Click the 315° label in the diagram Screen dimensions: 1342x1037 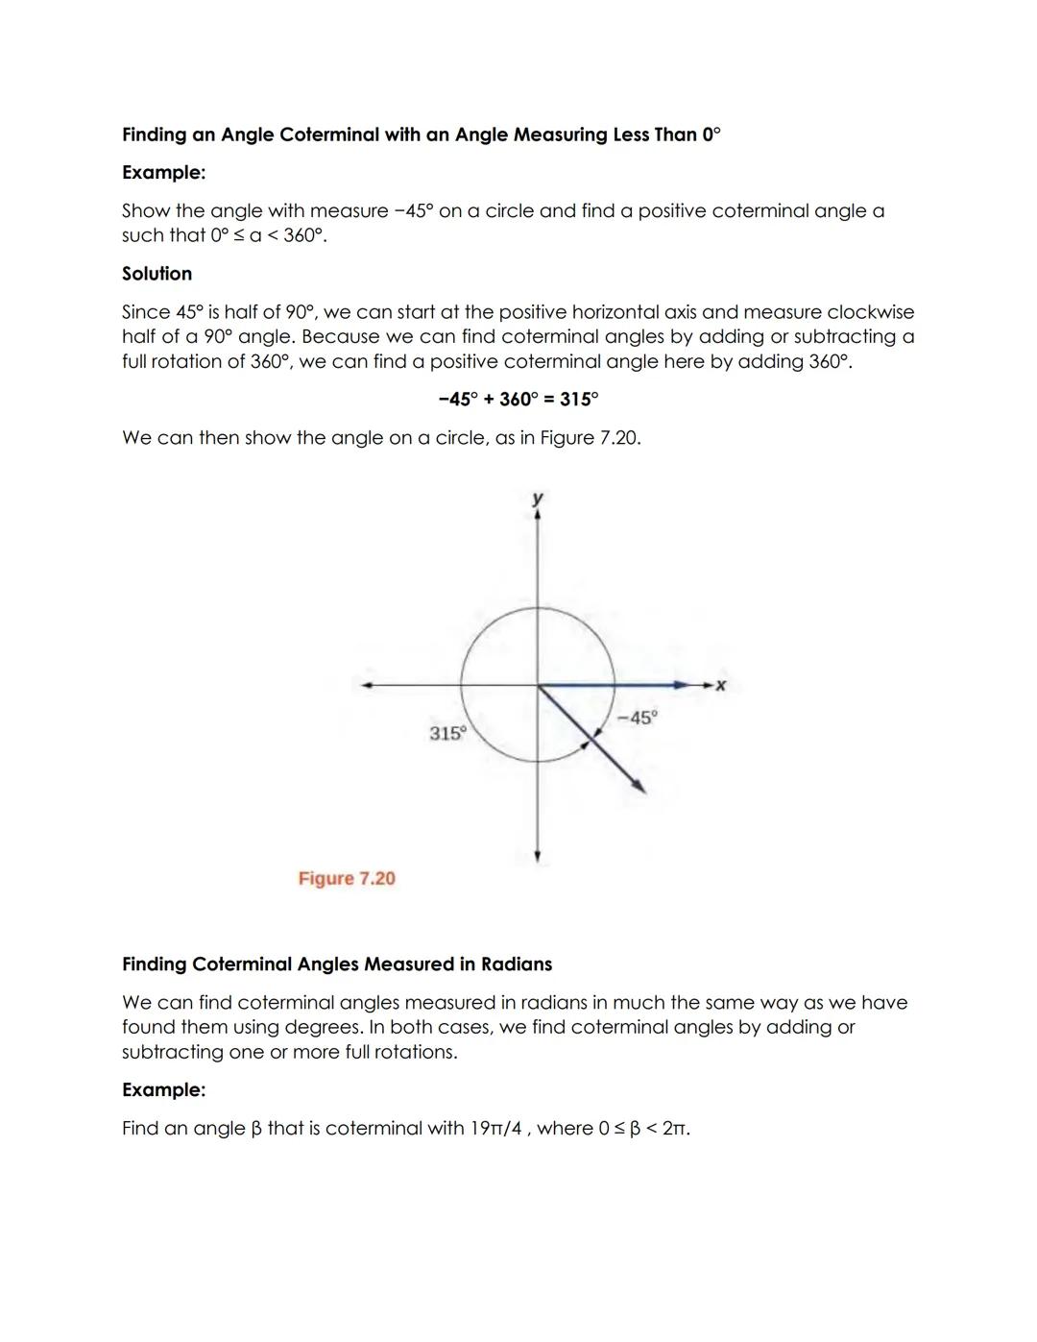pyautogui.click(x=446, y=734)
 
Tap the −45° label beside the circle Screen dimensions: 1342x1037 pyautogui.click(x=638, y=718)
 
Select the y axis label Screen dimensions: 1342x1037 pyautogui.click(x=538, y=498)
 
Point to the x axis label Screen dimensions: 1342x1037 pyautogui.click(x=721, y=685)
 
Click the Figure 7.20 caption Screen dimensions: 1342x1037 pyautogui.click(x=347, y=879)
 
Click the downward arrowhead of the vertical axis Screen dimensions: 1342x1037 pyautogui.click(x=538, y=856)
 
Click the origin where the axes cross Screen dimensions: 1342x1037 pyautogui.click(x=538, y=685)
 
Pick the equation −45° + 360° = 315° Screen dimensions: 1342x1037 pyautogui.click(x=518, y=399)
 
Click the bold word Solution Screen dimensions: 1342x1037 pyautogui.click(x=157, y=274)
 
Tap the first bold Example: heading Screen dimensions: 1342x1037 pyautogui.click(x=163, y=173)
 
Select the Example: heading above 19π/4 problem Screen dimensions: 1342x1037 pyautogui.click(x=163, y=1090)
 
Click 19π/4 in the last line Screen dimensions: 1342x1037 pyautogui.click(x=495, y=1129)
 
